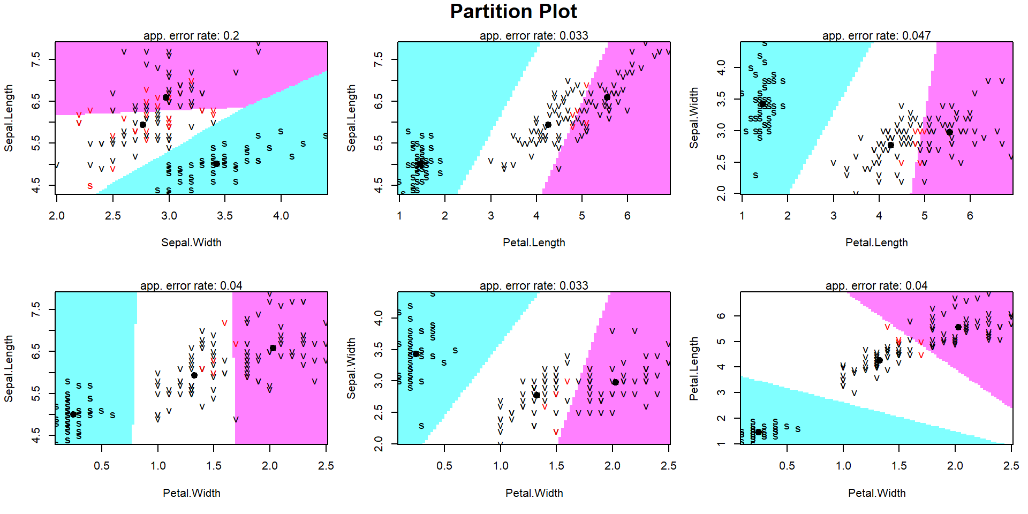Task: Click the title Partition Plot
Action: (x=513, y=12)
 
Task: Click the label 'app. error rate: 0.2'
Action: (x=191, y=36)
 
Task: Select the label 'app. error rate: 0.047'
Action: (x=876, y=36)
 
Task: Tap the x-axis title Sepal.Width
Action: (x=191, y=243)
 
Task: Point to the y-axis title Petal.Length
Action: (x=694, y=368)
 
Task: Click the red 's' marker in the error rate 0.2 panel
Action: (x=90, y=186)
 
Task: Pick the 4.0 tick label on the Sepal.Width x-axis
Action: (x=281, y=216)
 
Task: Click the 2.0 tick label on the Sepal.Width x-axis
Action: (x=57, y=216)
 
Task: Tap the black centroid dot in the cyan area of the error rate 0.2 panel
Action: (x=216, y=164)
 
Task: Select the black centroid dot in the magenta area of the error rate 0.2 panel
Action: (x=166, y=97)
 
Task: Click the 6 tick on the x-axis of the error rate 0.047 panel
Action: (x=970, y=216)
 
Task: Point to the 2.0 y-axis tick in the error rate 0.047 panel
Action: (x=721, y=193)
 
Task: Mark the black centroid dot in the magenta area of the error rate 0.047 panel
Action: (x=949, y=132)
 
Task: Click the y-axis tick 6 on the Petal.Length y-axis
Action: (x=721, y=316)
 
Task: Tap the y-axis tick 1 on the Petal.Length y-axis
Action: (x=721, y=443)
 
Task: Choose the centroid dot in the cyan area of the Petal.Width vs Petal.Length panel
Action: (x=758, y=432)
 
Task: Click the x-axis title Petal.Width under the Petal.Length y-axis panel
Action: (x=876, y=493)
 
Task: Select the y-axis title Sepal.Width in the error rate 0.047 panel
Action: (x=694, y=118)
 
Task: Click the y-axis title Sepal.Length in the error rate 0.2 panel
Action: (x=9, y=118)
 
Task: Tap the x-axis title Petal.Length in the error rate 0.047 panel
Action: (x=876, y=243)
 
